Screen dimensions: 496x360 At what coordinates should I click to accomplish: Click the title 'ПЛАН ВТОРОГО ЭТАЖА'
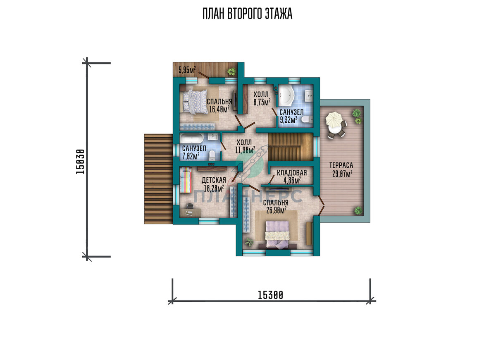point(248,14)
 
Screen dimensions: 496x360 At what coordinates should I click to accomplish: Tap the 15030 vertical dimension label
point(80,162)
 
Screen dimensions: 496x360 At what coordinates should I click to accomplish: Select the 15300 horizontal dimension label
point(270,295)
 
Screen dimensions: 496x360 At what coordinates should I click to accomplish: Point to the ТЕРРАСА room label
point(341,165)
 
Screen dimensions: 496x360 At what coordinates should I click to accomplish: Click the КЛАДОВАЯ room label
point(292,173)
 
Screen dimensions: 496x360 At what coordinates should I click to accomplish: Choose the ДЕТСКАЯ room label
point(214,180)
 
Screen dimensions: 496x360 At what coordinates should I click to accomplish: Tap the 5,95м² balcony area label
point(187,70)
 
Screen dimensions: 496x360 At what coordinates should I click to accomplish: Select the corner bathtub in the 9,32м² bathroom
point(286,96)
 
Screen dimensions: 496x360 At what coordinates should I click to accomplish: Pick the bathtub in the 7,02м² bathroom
point(191,138)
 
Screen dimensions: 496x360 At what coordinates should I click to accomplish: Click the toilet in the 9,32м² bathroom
point(307,119)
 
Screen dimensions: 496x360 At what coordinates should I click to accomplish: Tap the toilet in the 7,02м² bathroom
point(212,155)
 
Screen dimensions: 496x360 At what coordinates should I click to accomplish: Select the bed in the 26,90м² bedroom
point(277,235)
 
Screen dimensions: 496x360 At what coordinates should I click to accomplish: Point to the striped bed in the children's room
point(186,180)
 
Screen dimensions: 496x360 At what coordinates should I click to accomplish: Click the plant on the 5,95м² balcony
point(231,71)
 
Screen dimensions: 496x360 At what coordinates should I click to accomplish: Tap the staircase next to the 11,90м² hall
point(291,147)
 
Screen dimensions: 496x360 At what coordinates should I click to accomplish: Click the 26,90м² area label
point(277,210)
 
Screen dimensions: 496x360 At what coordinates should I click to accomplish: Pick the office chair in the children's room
point(190,206)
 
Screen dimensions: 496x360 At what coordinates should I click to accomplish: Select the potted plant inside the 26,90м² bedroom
point(249,242)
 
